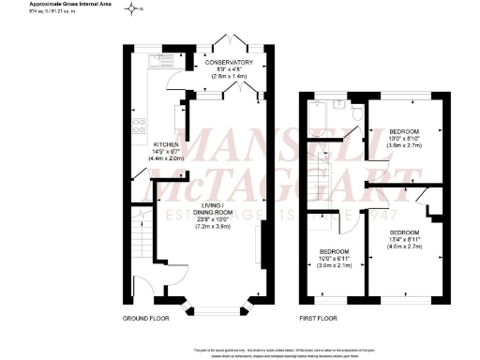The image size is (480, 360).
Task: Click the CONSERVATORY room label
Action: (230, 63)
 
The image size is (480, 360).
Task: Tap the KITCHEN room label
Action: (165, 144)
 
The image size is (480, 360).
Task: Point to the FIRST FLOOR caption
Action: (317, 320)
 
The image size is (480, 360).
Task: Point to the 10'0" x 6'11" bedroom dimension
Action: (334, 260)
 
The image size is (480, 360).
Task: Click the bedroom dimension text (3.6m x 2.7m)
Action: (405, 146)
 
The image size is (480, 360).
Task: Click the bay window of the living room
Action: (217, 305)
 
